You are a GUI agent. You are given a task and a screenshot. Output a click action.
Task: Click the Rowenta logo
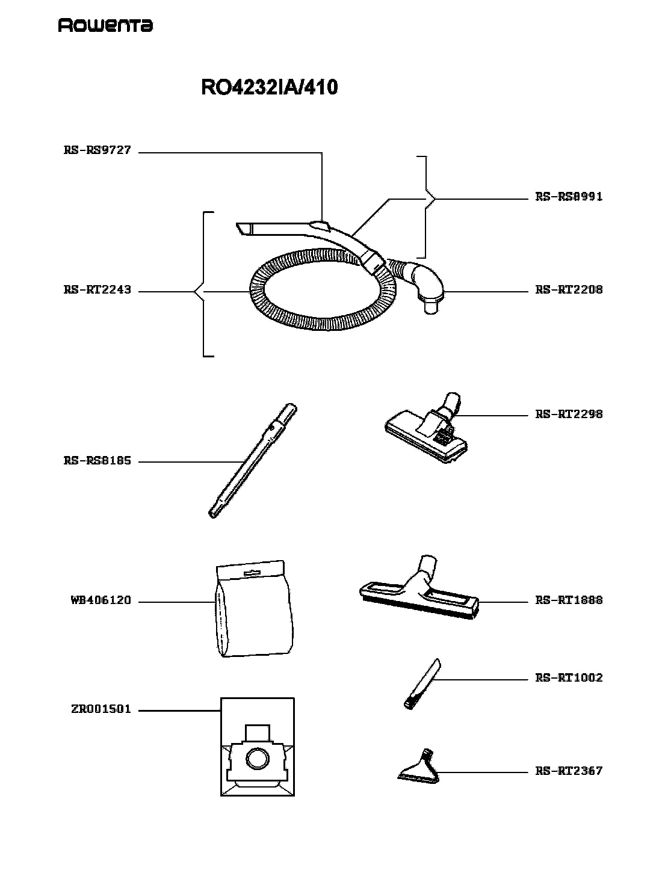(105, 25)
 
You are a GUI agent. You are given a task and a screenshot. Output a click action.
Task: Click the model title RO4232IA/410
(269, 87)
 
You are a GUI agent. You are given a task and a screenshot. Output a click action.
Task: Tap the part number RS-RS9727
(97, 150)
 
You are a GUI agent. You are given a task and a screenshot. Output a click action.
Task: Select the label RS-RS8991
(569, 197)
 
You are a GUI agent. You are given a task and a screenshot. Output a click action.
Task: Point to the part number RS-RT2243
(97, 290)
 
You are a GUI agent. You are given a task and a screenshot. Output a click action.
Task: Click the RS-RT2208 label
(569, 290)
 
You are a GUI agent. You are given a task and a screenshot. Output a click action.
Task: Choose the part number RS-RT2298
(569, 414)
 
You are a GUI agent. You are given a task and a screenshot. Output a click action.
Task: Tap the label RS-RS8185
(97, 461)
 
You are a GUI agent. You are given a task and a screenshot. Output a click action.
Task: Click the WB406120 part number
(101, 600)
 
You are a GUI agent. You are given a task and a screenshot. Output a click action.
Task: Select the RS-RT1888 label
(569, 600)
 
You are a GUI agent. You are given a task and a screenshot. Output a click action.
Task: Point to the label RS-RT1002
(569, 678)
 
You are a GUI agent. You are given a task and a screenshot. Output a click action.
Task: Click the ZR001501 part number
(101, 709)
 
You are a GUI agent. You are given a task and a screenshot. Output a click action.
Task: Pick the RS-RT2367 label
(569, 771)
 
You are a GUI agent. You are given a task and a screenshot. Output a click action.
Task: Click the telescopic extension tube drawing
(253, 460)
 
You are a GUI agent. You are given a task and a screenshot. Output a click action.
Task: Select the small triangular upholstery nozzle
(419, 766)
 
